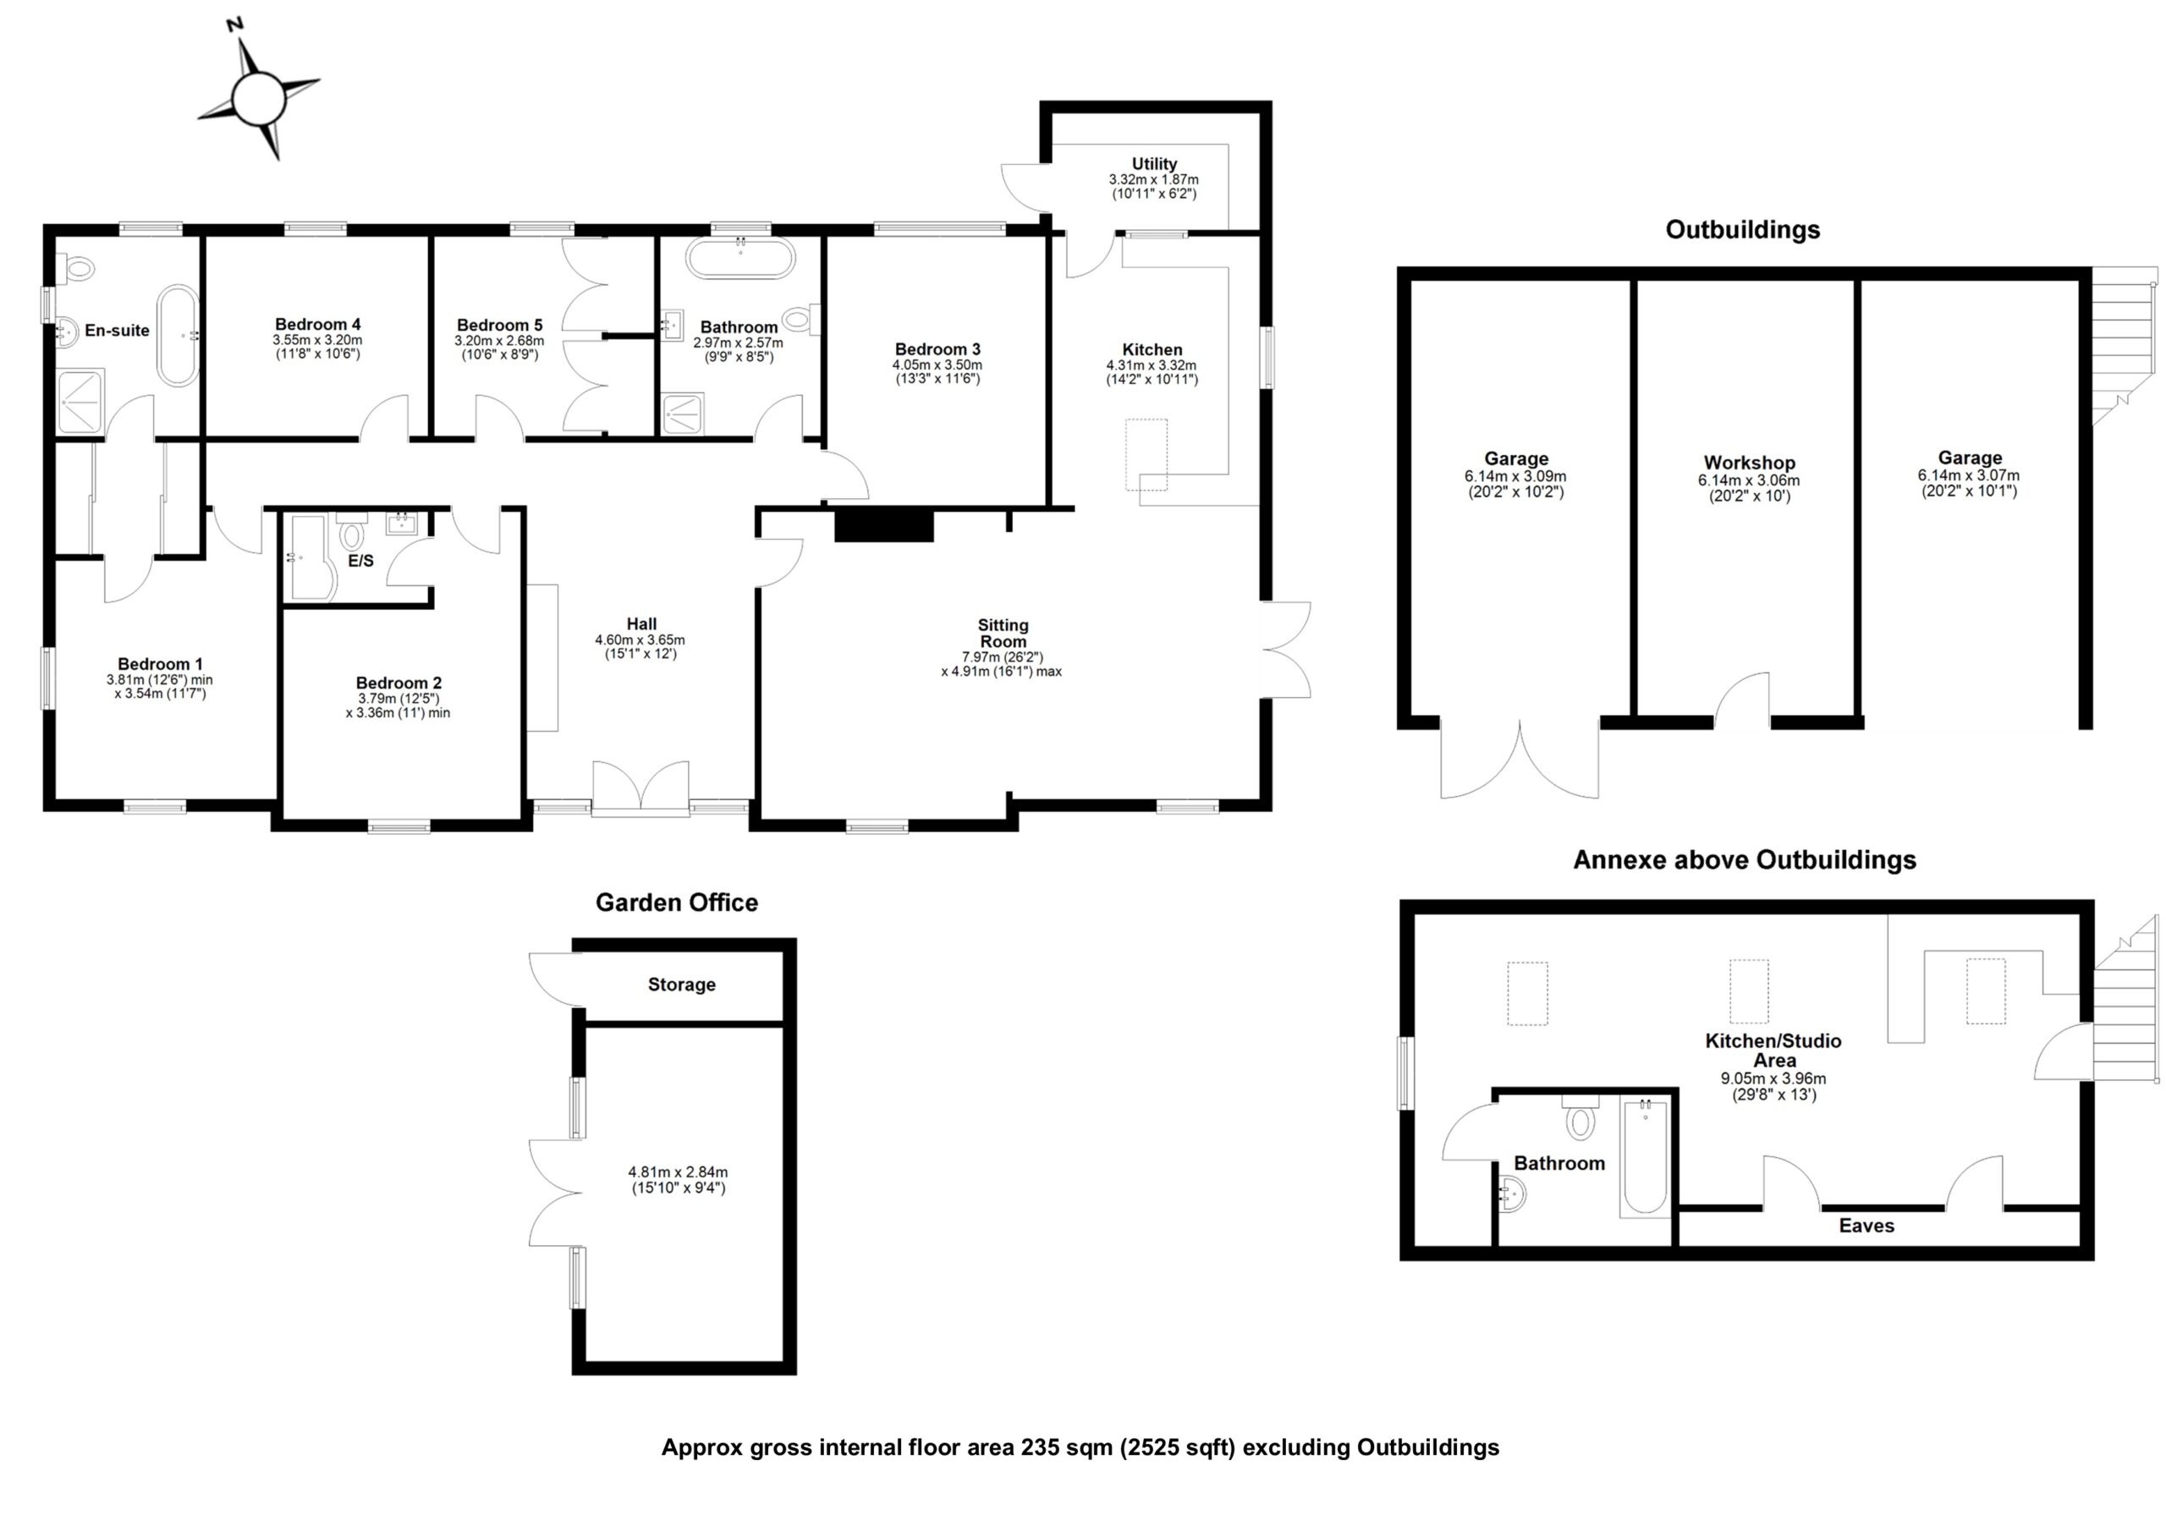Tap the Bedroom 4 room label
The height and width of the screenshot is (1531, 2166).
[318, 325]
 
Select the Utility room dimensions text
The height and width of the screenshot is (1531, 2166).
[1153, 186]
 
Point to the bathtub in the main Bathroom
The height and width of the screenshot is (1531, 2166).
[740, 257]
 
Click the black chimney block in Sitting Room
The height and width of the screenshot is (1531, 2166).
[883, 524]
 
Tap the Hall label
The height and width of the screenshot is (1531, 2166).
[641, 623]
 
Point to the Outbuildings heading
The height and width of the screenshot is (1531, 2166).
[1741, 230]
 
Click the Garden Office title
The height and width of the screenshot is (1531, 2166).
[676, 903]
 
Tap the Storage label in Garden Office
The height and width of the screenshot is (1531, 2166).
[681, 985]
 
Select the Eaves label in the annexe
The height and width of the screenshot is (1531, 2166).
[1865, 1226]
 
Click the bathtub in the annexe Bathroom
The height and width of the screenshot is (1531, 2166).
[1644, 1156]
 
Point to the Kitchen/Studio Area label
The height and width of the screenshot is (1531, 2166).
[1773, 1051]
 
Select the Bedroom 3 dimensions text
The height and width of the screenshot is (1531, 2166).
[937, 371]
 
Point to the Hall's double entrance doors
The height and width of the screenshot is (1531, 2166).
[640, 787]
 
